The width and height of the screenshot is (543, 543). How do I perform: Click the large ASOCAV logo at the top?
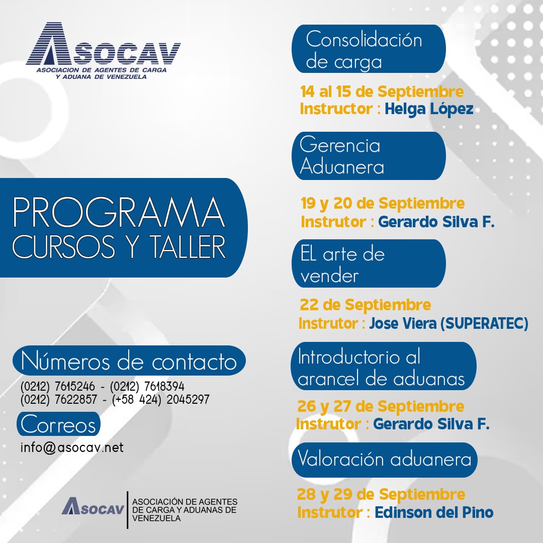pos(103,51)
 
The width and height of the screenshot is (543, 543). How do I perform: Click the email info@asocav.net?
pos(72,447)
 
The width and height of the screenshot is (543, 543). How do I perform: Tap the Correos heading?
pos(58,425)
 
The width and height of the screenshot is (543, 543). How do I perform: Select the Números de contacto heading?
pos(129,361)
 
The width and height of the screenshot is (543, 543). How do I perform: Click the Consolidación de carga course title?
pos(364,50)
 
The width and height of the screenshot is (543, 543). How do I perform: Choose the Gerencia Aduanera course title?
pos(342,156)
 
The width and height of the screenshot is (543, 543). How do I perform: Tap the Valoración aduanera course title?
pos(385,459)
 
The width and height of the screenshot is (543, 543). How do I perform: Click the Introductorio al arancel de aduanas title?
pos(381,367)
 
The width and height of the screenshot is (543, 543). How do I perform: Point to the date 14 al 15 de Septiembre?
pos(382,92)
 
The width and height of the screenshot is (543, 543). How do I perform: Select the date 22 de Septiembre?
pos(366,305)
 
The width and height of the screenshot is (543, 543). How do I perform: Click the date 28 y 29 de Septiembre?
pos(381,494)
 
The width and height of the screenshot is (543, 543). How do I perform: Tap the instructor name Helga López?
pos(429,109)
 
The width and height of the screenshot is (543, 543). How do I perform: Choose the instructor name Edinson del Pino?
pos(434,512)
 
